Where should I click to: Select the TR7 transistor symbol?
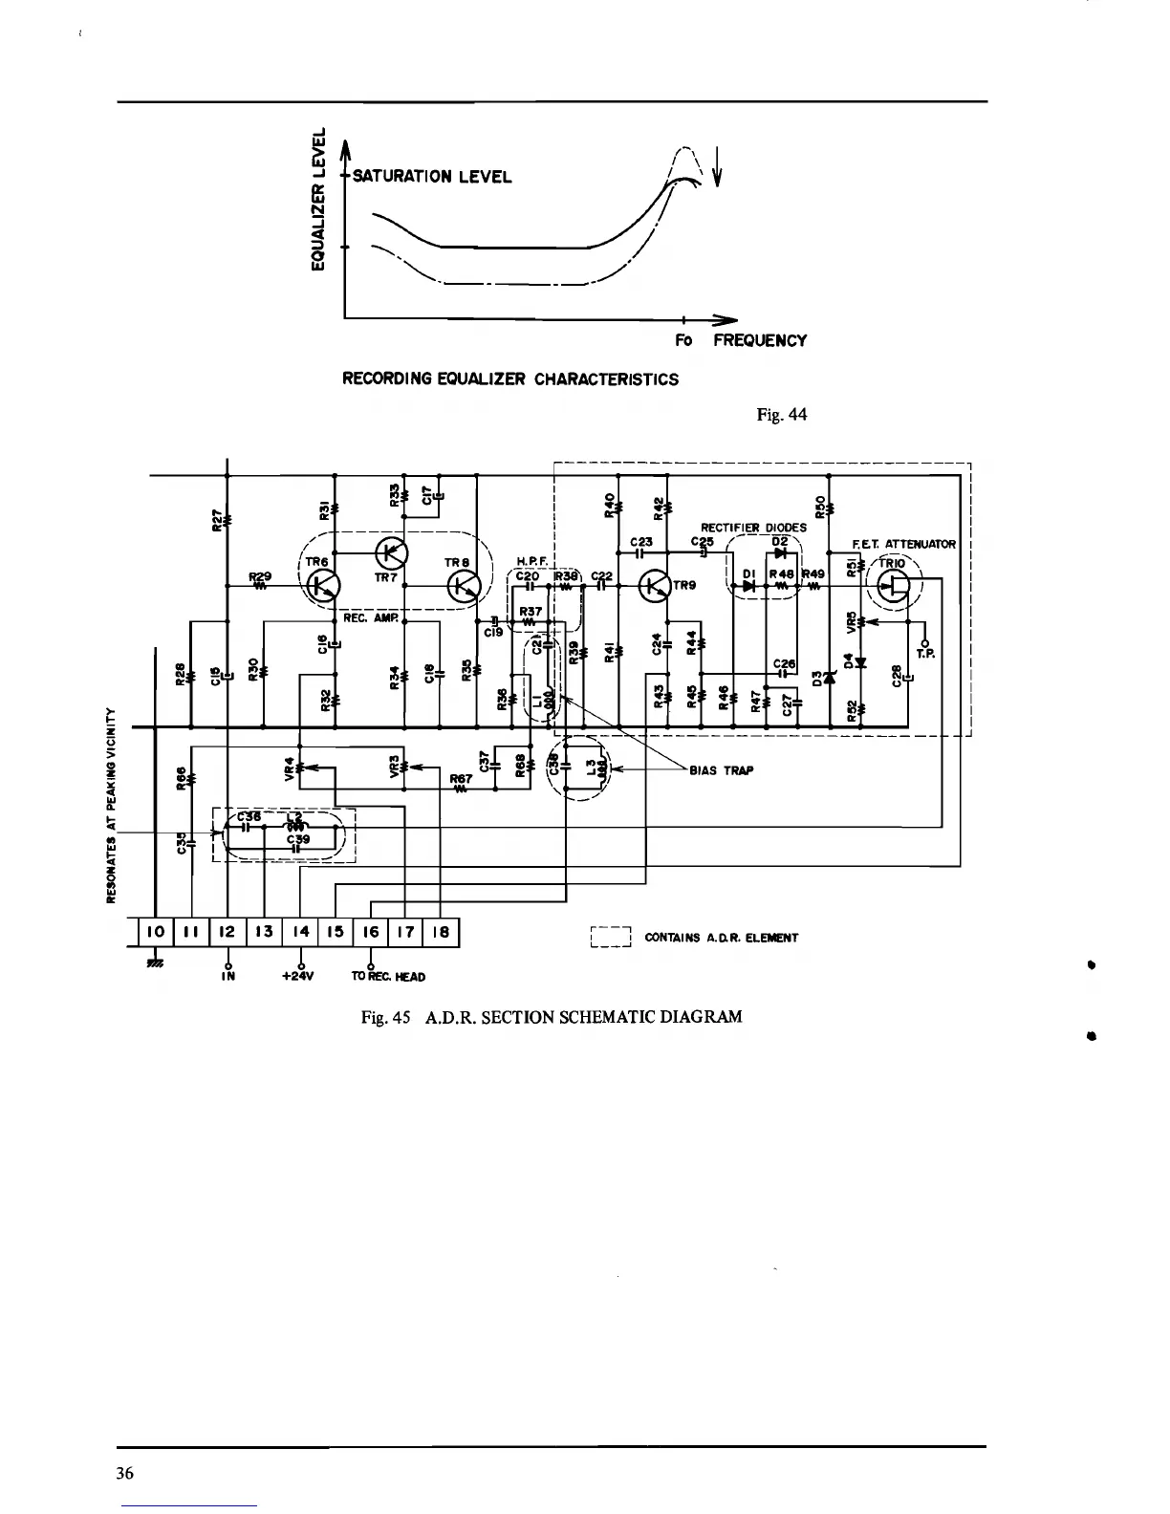coord(391,552)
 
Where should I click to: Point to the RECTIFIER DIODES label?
coord(753,527)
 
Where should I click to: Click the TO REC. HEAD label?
coord(388,976)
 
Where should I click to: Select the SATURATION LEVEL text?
coord(432,177)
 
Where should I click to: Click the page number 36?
coord(124,1473)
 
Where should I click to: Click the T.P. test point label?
coord(923,654)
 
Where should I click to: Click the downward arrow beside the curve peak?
coord(717,169)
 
